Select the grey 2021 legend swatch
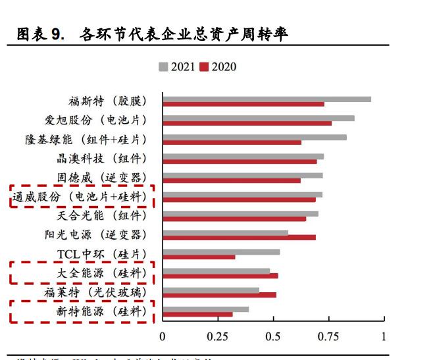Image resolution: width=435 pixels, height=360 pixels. click(163, 66)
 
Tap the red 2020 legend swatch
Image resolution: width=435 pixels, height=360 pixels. click(204, 66)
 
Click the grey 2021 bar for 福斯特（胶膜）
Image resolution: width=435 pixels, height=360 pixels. click(267, 99)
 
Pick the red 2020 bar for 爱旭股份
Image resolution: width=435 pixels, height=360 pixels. click(247, 123)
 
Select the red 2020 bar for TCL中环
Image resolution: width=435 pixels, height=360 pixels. click(199, 257)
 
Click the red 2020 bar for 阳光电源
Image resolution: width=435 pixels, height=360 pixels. click(239, 237)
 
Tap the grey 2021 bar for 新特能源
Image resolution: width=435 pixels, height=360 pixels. click(205, 309)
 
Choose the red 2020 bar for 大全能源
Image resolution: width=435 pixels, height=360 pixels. click(220, 276)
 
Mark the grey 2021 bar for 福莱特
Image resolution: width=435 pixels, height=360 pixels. click(211, 290)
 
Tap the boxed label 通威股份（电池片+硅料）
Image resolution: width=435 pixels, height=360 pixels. click(81, 196)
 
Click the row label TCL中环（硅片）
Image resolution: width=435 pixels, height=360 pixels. click(101, 254)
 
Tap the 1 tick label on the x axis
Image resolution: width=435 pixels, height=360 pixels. click(384, 336)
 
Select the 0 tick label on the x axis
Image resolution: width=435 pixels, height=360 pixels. click(163, 336)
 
